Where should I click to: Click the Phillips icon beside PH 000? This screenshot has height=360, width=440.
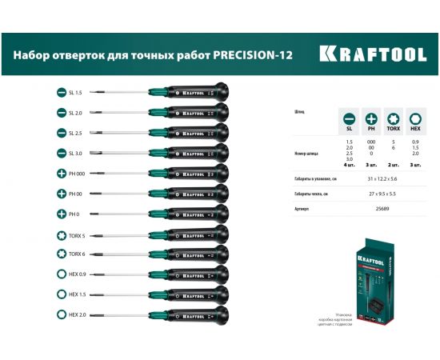(x=62, y=174)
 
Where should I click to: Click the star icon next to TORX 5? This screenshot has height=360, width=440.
(x=62, y=234)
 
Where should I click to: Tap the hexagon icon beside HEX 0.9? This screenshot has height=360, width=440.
(x=62, y=274)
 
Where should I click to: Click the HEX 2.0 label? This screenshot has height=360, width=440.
(x=79, y=314)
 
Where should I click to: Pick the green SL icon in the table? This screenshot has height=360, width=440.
(x=349, y=117)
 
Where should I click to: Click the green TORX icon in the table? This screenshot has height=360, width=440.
(x=394, y=117)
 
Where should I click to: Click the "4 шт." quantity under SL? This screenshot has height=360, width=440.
(x=349, y=166)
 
